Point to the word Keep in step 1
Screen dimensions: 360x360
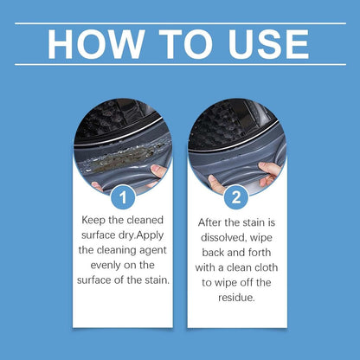[98, 220]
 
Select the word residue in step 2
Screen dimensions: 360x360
[237, 298]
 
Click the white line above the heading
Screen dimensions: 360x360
[180, 22]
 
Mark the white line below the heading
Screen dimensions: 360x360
[180, 64]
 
